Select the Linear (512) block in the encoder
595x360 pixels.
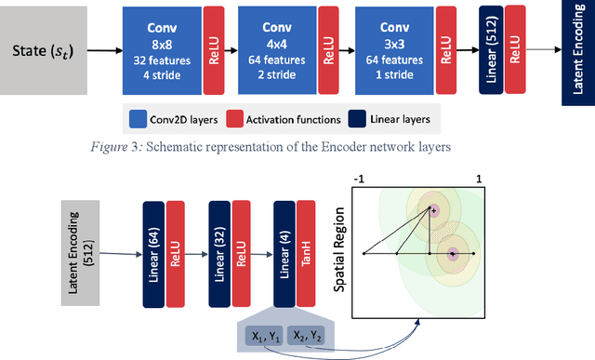click(x=490, y=53)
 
